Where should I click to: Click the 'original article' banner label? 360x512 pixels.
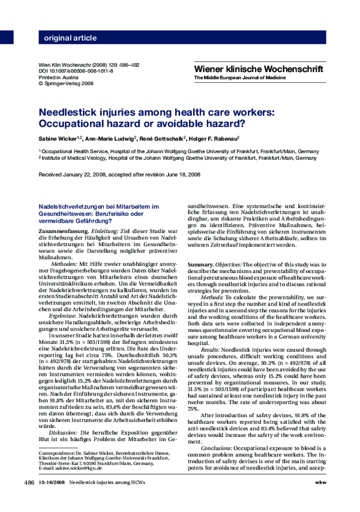pos(70,38)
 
